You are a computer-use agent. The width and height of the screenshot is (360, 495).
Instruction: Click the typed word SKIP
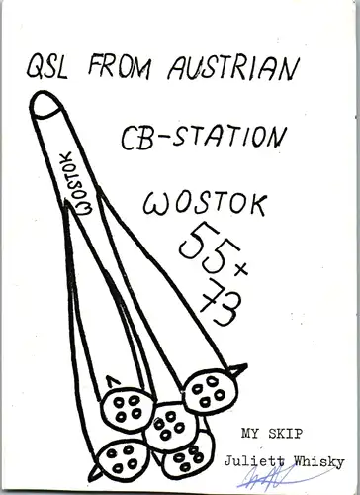[285, 434]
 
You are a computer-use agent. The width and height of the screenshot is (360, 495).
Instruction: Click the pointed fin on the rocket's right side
[237, 369]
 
